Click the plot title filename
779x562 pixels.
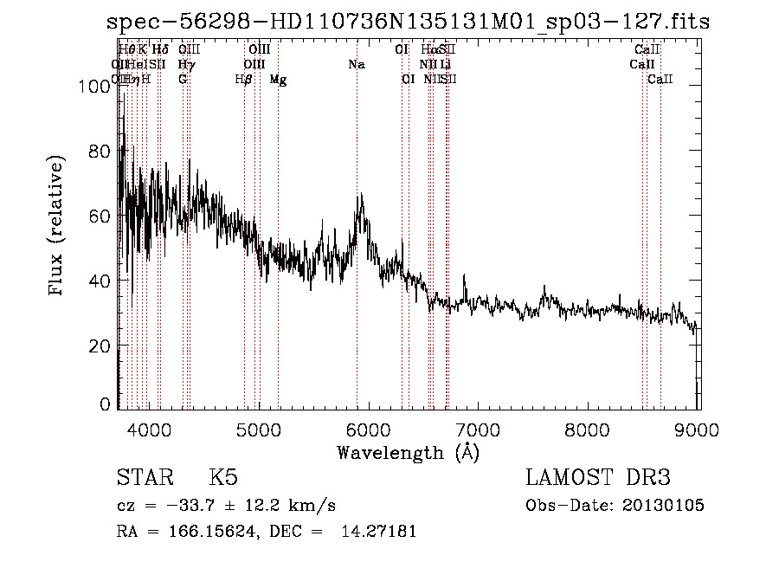coord(408,22)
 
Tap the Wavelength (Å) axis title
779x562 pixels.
coord(408,452)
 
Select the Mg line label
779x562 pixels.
coord(279,80)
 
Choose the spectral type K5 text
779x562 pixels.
coord(223,478)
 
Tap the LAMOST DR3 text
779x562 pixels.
coord(598,478)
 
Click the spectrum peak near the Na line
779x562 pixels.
coord(360,197)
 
